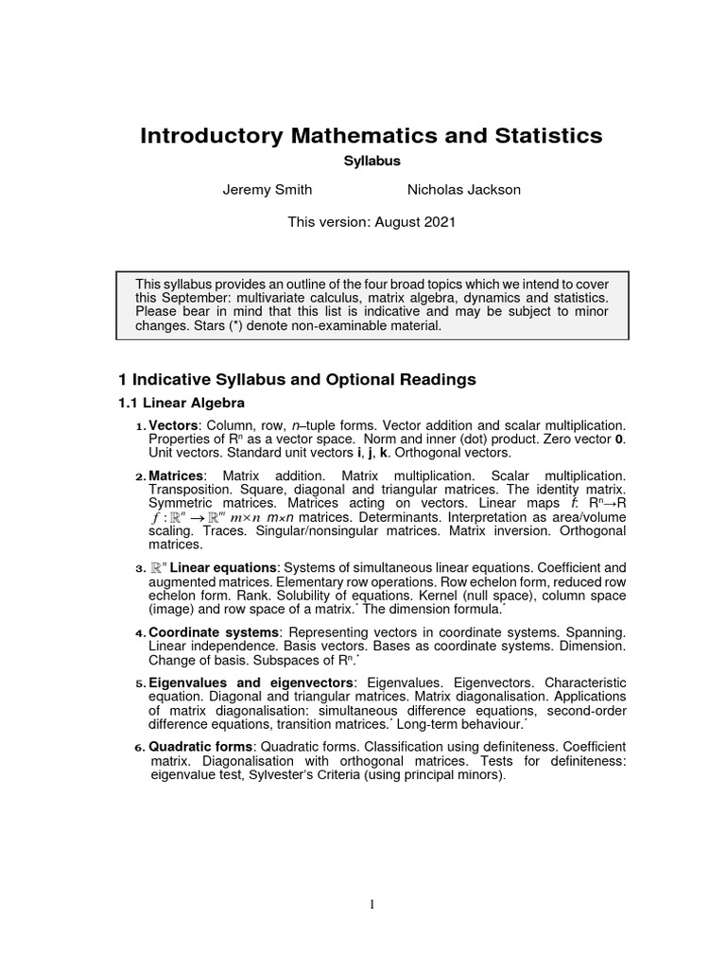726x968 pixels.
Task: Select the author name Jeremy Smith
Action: (267, 190)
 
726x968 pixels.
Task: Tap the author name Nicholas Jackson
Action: (463, 190)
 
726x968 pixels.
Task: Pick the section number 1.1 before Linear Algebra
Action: (129, 403)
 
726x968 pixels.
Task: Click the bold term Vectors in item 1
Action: (174, 426)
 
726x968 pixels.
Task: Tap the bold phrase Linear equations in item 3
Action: (224, 567)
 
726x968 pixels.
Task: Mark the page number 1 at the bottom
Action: (372, 905)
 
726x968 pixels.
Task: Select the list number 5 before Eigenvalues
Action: (140, 683)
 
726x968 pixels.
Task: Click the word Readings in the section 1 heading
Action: (436, 380)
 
